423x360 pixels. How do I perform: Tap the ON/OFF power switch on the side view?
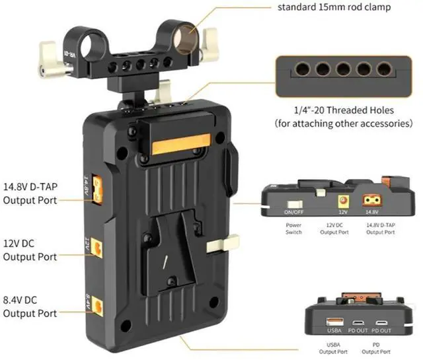[x=293, y=205]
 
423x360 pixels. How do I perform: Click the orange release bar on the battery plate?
[x=181, y=143]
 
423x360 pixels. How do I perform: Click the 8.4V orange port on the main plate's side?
[x=98, y=306]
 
